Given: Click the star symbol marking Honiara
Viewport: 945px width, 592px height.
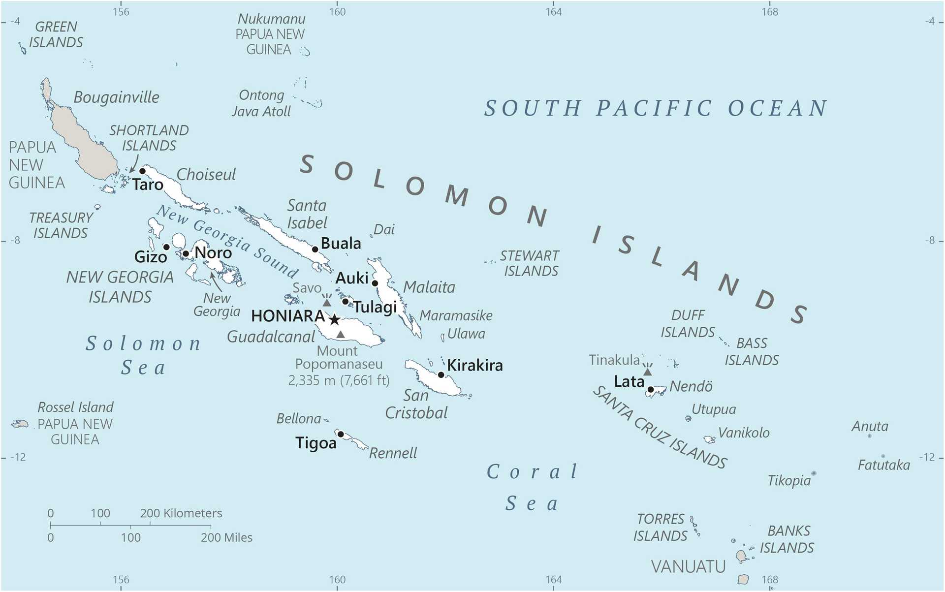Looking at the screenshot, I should (334, 320).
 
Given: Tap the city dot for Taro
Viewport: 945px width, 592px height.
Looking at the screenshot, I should (142, 171).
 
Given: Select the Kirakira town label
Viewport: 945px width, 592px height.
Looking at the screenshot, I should (474, 366).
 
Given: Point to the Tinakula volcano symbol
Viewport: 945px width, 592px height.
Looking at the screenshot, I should (648, 371).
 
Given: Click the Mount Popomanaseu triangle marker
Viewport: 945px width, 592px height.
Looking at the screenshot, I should (340, 335).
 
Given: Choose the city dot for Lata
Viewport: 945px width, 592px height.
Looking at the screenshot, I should (650, 389).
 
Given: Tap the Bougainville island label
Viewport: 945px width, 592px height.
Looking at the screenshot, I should (116, 97).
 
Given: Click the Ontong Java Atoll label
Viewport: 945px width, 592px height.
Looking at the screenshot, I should (261, 103).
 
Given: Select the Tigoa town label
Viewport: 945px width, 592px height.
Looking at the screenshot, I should (315, 443).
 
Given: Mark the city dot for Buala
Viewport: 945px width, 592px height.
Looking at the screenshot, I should (315, 249).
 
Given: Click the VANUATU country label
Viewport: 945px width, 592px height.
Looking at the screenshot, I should (688, 567).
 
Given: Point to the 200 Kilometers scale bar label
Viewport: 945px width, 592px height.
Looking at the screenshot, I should (181, 513).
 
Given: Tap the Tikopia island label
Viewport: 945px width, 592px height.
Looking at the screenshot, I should (788, 481).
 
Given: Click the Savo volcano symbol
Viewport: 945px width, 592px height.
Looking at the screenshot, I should (326, 301).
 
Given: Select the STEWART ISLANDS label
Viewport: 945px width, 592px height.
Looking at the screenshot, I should (530, 263).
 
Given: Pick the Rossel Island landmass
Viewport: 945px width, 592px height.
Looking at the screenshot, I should (20, 424).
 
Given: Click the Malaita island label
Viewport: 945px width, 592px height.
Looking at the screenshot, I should (429, 287).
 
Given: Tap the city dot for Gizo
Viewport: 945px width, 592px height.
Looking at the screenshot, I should (166, 247).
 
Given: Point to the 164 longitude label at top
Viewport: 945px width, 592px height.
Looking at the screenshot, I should (553, 12).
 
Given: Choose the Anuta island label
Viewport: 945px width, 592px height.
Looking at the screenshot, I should (869, 426).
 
